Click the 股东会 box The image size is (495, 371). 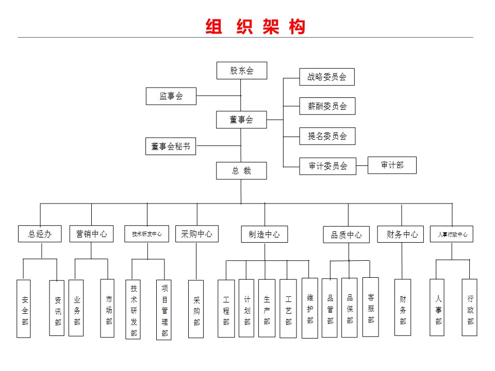click(x=242, y=71)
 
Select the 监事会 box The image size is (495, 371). click(x=171, y=96)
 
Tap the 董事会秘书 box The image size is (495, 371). click(x=171, y=146)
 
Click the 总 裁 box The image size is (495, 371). click(x=241, y=171)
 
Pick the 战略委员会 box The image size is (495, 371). click(x=327, y=77)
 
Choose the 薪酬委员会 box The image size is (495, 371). click(x=327, y=106)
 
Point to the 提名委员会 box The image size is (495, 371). click(x=327, y=136)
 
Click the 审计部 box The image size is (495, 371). click(x=392, y=165)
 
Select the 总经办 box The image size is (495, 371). click(x=40, y=234)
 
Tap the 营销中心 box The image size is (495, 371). click(x=92, y=234)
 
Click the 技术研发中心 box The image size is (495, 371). click(x=147, y=234)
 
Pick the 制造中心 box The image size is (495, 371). click(x=265, y=234)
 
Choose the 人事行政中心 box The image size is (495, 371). click(x=452, y=234)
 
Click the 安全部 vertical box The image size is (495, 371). click(x=24, y=309)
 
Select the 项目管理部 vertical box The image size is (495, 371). click(x=164, y=310)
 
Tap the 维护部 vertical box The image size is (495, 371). click(x=310, y=308)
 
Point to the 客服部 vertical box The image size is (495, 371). click(x=371, y=307)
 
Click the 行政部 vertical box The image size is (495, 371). click(x=469, y=307)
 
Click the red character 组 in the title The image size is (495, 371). click(x=213, y=26)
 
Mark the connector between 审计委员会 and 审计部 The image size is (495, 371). click(x=362, y=165)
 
